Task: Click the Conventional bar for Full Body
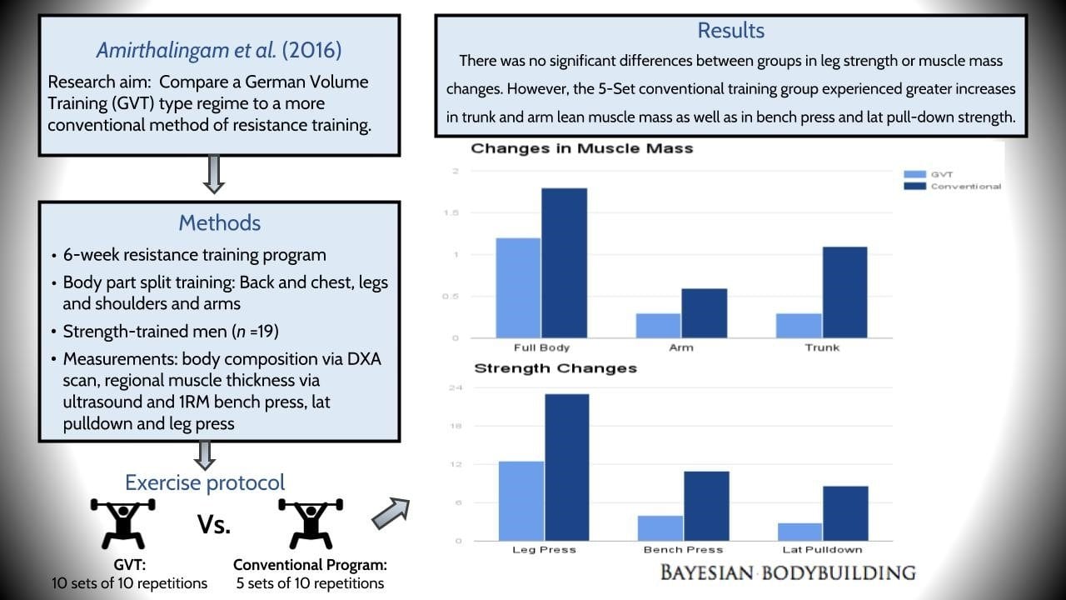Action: (564, 262)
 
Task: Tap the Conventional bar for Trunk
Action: (844, 292)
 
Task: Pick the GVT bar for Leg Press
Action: (521, 500)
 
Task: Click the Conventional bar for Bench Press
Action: (706, 506)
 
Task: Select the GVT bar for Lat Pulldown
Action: (799, 531)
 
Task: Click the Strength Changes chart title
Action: (555, 367)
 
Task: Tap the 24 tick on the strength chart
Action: (456, 388)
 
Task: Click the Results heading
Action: (730, 31)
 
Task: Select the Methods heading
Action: (219, 222)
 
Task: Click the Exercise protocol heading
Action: (205, 482)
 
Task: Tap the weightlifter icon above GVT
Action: (123, 522)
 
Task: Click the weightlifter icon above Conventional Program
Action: (310, 522)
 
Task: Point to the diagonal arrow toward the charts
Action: (390, 512)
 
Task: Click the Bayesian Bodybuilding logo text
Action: (787, 572)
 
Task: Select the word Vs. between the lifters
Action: (214, 524)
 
